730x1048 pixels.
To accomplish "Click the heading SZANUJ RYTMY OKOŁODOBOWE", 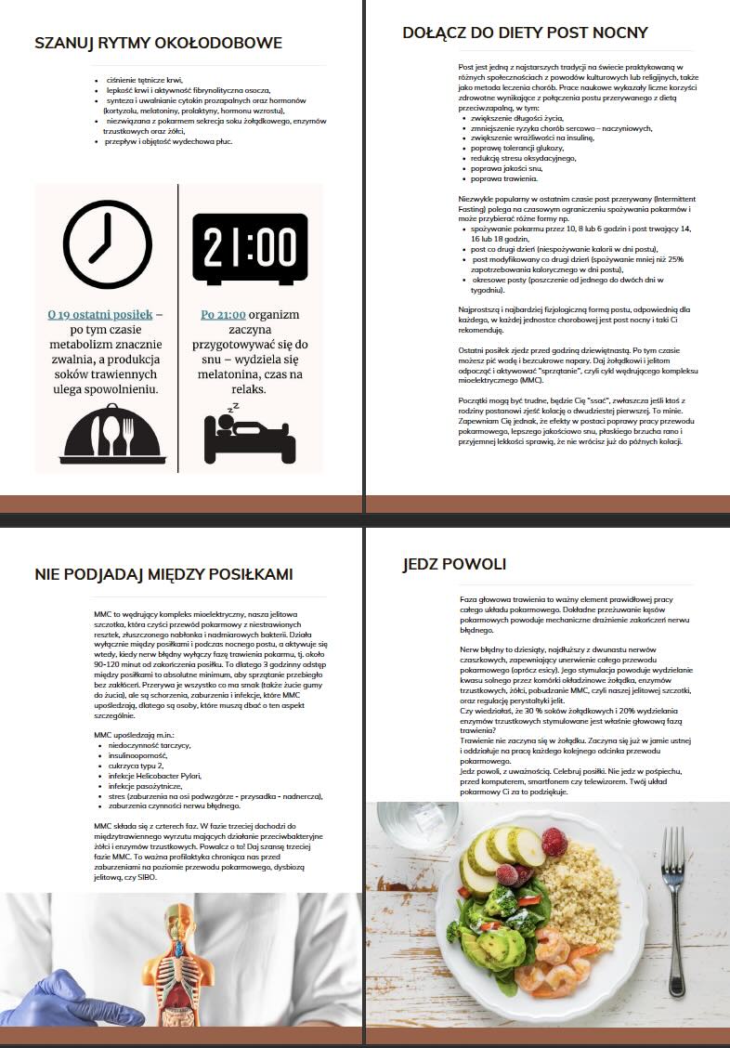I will click(x=158, y=43).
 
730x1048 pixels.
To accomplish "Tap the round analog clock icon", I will click(x=106, y=244).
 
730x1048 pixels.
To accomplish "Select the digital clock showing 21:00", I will click(x=250, y=247).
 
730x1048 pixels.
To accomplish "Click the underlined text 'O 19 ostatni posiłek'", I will click(x=99, y=315).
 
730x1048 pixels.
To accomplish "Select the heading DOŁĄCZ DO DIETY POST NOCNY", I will click(x=525, y=33).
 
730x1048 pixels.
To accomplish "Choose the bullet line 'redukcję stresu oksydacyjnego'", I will click(x=523, y=158).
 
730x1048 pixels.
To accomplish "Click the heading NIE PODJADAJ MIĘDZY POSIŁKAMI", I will click(x=163, y=575).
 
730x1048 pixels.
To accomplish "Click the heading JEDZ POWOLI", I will click(x=454, y=565).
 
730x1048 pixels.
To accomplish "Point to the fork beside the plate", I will click(x=673, y=901).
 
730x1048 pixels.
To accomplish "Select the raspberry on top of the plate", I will click(x=554, y=842).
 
